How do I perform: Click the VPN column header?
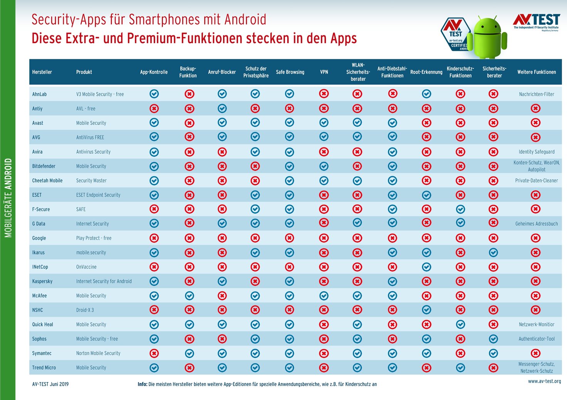point(324,72)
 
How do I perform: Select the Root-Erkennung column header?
point(426,72)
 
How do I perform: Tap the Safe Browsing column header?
point(290,72)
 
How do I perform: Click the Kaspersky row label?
point(42,281)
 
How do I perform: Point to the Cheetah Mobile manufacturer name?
point(47,181)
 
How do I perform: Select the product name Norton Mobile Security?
point(98,353)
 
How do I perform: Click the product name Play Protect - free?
point(94,238)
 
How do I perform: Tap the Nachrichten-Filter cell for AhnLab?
point(536,94)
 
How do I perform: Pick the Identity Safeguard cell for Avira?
point(536,152)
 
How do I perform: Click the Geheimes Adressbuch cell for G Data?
point(536,224)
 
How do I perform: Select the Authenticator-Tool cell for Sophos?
point(536,339)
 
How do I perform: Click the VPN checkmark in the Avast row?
point(324,123)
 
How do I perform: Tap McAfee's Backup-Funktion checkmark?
point(189,296)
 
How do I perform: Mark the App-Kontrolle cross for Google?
point(154,238)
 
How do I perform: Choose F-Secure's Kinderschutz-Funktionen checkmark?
point(460,209)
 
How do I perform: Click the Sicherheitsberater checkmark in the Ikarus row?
point(493,253)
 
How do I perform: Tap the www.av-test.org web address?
point(544,381)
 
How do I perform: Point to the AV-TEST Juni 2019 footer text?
point(50,384)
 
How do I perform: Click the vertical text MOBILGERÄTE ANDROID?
point(8,198)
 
